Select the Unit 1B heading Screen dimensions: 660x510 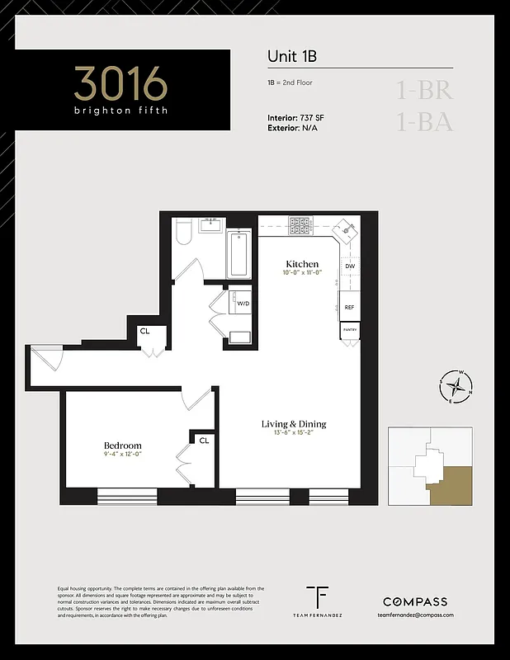click(x=292, y=56)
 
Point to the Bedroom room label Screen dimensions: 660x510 click(x=122, y=445)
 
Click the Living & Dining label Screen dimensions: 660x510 click(x=294, y=424)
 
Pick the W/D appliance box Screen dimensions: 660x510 click(x=243, y=303)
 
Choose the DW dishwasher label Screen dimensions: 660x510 click(x=350, y=266)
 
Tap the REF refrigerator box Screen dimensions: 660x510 click(x=350, y=307)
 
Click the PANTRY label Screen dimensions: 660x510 click(x=350, y=331)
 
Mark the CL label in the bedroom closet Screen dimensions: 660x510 click(x=203, y=441)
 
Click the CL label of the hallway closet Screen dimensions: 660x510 click(x=144, y=332)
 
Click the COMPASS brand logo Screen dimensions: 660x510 click(x=415, y=601)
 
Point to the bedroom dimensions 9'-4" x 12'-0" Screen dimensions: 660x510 click(x=122, y=455)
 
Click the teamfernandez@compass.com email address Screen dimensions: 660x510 click(x=415, y=615)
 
